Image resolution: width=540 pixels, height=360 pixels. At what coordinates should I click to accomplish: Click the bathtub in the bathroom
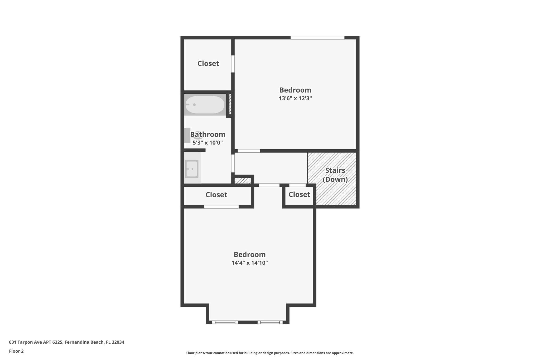205,105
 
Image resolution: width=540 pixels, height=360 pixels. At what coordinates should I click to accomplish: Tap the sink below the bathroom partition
192,169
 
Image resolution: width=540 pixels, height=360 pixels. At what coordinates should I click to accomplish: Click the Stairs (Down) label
335,175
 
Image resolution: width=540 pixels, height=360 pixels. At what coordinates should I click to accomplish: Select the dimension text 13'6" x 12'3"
295,98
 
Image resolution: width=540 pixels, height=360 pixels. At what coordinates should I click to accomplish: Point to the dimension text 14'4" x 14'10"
250,263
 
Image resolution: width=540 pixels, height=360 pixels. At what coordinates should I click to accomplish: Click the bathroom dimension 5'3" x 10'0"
208,143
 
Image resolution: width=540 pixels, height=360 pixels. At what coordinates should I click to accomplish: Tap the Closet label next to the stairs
299,194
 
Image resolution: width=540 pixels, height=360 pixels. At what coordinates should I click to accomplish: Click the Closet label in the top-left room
208,64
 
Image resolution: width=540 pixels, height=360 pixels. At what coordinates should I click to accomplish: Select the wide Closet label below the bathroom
216,195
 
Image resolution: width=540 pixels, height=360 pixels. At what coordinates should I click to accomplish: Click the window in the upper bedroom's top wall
317,38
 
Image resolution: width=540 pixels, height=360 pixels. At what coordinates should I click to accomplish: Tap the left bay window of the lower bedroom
225,322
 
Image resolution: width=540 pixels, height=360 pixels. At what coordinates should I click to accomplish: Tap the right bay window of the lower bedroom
270,322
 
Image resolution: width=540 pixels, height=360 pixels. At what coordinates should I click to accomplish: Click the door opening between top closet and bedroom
233,64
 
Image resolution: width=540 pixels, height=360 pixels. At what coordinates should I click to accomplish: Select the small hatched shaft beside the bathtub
230,104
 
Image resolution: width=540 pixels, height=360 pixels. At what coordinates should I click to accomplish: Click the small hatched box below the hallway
243,181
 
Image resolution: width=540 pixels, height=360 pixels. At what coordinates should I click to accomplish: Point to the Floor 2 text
16,351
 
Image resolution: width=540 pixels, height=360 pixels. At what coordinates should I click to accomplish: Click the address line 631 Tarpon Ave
66,342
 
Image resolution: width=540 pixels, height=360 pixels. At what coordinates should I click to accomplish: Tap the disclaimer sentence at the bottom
270,353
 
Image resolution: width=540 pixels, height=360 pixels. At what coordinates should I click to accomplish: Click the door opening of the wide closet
221,207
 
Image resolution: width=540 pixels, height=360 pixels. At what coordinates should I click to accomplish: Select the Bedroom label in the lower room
249,255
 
